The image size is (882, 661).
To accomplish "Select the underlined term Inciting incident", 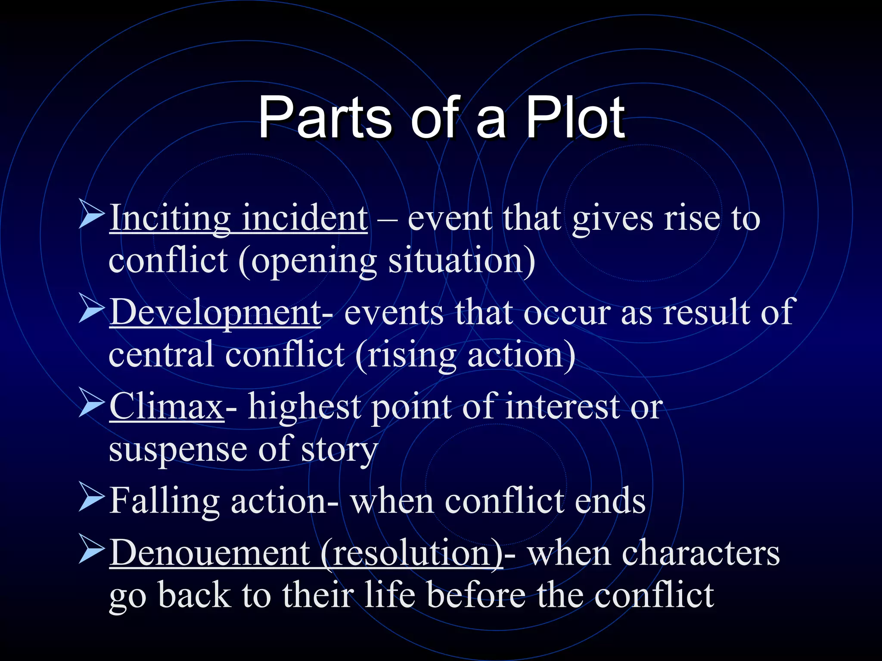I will [x=239, y=218].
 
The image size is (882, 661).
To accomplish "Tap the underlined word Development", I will [x=215, y=312].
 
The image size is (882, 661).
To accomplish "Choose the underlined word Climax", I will [x=167, y=406].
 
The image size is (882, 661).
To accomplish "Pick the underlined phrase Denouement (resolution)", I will [x=306, y=553].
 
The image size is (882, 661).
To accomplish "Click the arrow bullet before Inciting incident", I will [x=92, y=215].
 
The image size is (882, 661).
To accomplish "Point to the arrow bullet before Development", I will [x=92, y=309].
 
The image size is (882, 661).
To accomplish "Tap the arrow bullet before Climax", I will [x=92, y=404].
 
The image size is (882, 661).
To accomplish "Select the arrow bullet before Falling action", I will [x=92, y=498].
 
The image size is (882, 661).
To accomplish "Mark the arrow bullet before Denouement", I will [x=92, y=550].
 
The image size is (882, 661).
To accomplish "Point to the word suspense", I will [x=178, y=450].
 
